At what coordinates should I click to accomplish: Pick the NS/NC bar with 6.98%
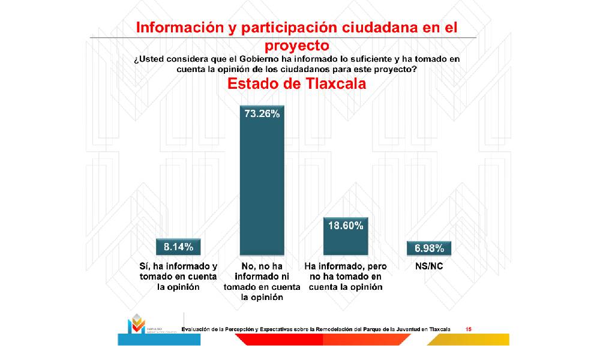click(x=428, y=248)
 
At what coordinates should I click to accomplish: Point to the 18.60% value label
click(x=345, y=226)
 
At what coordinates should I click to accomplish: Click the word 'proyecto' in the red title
click(x=297, y=46)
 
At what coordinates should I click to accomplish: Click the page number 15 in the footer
click(x=469, y=328)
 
